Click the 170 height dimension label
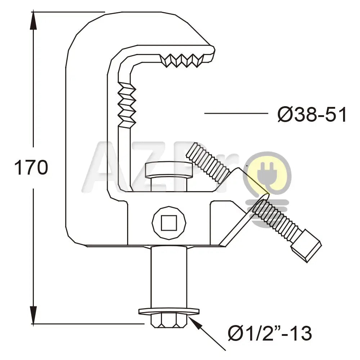point(31,168)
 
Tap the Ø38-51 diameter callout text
point(312,115)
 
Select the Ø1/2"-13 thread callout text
point(270,333)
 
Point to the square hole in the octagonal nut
point(169,223)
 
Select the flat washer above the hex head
point(169,311)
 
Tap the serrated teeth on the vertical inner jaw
point(127,104)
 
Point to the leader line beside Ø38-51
point(236,113)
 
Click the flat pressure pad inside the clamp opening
point(168,170)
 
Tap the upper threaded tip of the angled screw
point(208,162)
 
